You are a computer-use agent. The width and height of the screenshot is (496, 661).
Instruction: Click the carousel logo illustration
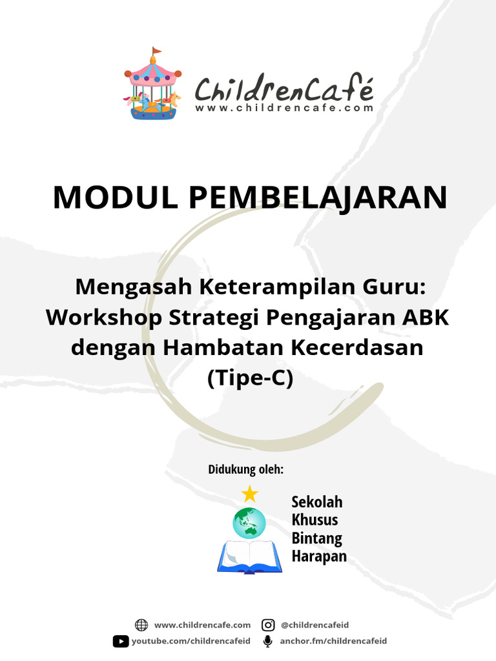(x=152, y=87)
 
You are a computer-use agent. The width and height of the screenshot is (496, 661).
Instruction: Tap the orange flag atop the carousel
(x=156, y=51)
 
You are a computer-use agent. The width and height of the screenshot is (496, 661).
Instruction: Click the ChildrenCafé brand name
(x=284, y=88)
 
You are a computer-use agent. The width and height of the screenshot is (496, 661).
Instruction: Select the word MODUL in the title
(x=115, y=197)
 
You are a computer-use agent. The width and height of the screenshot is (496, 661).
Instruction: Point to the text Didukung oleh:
(x=245, y=469)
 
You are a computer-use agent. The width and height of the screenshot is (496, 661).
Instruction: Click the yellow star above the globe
(x=249, y=494)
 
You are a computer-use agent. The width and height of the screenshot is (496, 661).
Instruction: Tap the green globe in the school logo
(x=249, y=523)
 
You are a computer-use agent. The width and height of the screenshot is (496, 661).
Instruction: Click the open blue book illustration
(x=249, y=556)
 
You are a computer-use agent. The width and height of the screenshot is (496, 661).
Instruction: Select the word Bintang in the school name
(x=316, y=538)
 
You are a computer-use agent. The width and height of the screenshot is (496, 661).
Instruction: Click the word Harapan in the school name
(x=319, y=556)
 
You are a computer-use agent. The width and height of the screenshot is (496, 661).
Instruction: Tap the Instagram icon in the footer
(x=268, y=625)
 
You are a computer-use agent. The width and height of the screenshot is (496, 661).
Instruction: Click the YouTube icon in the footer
(x=121, y=641)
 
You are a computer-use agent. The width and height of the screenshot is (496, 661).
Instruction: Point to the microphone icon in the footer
(x=267, y=641)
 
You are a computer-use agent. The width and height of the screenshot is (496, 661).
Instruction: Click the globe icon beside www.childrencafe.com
(x=141, y=625)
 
